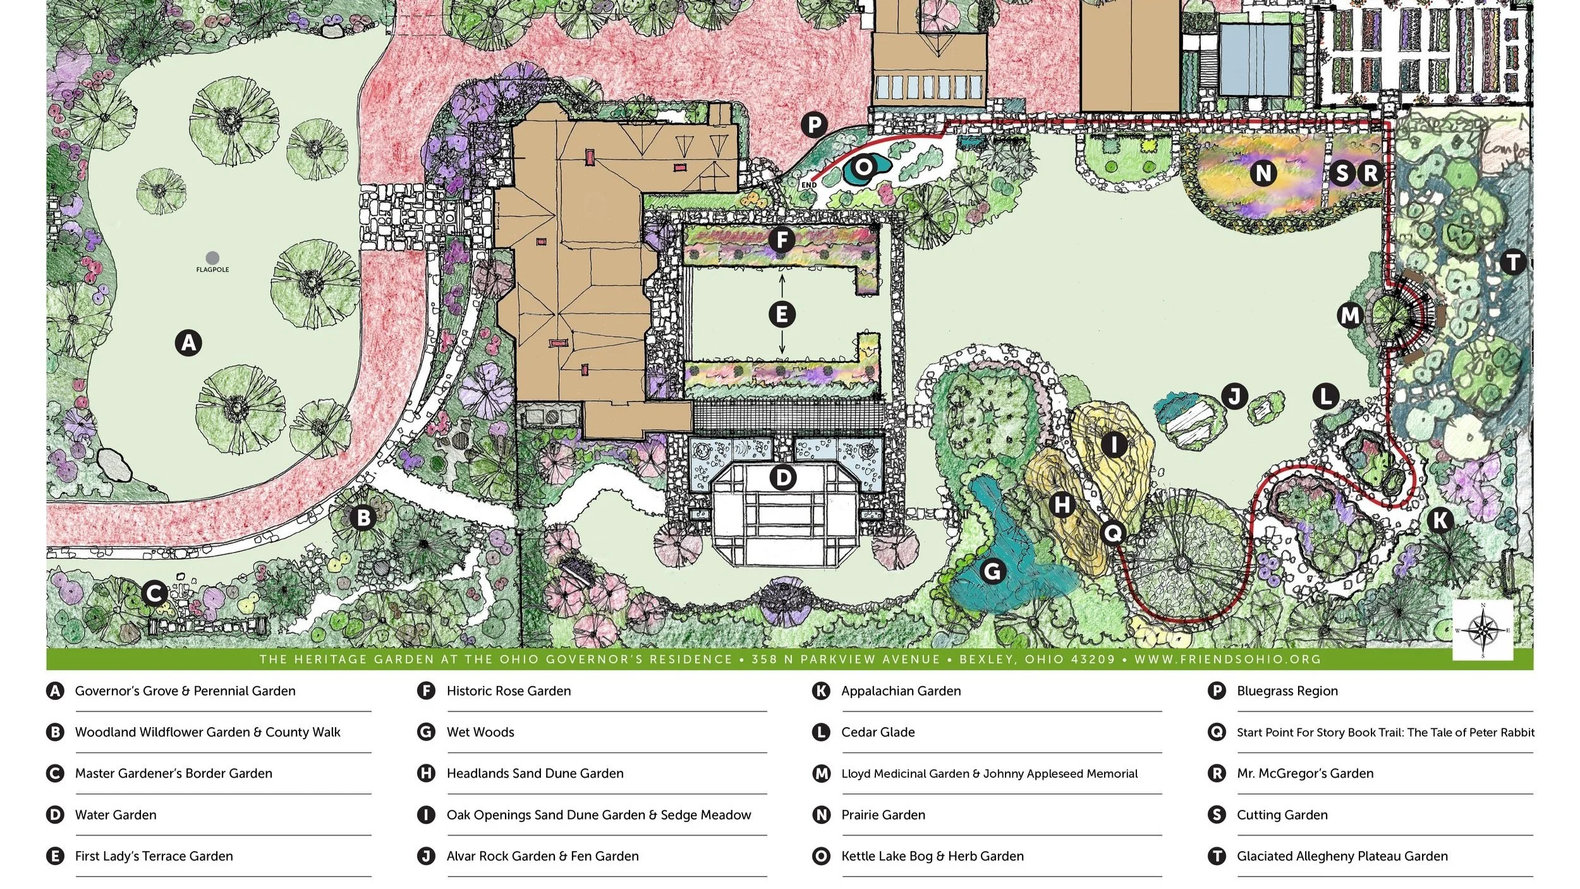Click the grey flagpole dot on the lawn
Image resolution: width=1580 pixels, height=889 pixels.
[x=213, y=257]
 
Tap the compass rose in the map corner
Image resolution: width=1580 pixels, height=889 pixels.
[x=1483, y=630]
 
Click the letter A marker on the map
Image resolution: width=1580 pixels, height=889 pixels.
[x=188, y=343]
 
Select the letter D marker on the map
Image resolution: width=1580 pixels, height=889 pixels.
[x=782, y=477]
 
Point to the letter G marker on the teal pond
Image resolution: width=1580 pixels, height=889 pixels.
[x=993, y=572]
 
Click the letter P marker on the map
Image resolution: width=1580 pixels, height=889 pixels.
[x=815, y=125]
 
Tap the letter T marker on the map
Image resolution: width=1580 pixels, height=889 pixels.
[x=1513, y=262]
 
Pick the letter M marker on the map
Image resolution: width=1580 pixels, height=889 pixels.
[x=1350, y=315]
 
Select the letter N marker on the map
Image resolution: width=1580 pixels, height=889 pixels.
[x=1263, y=173]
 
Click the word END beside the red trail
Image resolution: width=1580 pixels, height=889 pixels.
[x=809, y=185]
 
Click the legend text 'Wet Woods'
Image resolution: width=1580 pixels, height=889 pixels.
[x=480, y=732]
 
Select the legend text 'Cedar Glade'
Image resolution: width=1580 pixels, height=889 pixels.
[x=878, y=732]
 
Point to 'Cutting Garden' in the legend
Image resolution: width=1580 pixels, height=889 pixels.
[x=1282, y=815]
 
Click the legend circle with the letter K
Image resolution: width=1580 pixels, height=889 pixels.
[x=821, y=690]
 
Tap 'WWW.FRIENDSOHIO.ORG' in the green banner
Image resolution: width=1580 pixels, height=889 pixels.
[x=1227, y=659]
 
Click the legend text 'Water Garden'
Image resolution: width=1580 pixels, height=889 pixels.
[x=116, y=815]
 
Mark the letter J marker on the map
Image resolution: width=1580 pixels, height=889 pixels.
[x=1234, y=396]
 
